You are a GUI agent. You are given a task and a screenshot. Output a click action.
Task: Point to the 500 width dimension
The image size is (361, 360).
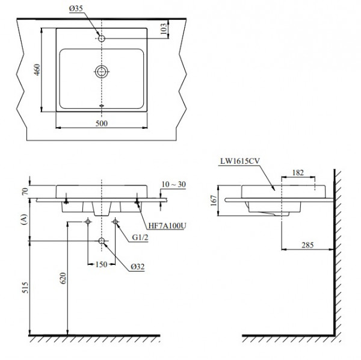point(102,124)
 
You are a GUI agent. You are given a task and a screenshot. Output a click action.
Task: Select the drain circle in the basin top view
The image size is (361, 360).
point(102,72)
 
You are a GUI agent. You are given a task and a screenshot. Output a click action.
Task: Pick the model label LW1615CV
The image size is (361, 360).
point(239,160)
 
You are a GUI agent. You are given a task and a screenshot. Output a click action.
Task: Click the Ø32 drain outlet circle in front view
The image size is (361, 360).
point(102,242)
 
